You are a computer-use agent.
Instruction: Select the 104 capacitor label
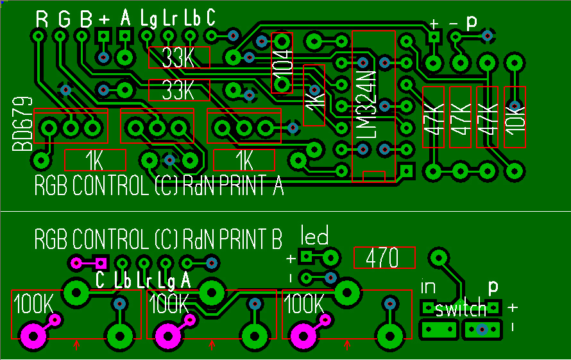[282, 63]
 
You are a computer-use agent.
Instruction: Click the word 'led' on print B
[314, 237]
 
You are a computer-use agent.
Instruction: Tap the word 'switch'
[460, 310]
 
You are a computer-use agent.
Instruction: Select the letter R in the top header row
[42, 19]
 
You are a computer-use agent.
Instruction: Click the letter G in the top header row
[64, 19]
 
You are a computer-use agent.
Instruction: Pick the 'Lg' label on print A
[148, 19]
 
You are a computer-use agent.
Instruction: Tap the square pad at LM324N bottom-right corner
[405, 171]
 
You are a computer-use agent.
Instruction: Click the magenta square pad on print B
[100, 262]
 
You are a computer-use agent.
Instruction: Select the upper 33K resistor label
[179, 58]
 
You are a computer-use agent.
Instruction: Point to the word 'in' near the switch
[428, 287]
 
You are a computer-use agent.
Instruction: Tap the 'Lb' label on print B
[123, 280]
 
